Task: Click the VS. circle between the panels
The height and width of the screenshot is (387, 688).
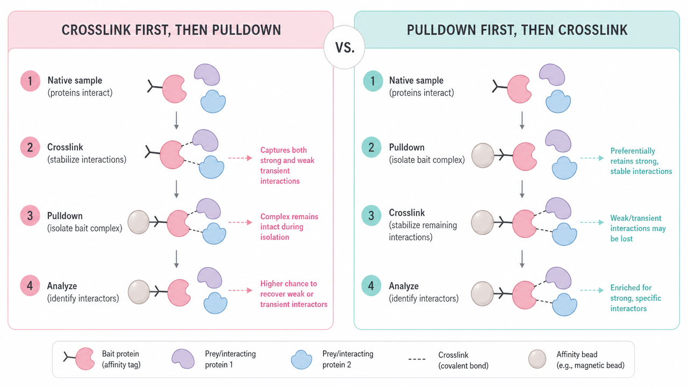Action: point(344,47)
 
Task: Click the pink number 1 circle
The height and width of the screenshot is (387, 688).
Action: point(30,81)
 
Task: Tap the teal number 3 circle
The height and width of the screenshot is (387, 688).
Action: point(371,216)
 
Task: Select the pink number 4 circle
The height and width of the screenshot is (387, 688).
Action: point(30,285)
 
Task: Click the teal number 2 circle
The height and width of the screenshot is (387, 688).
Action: point(371,147)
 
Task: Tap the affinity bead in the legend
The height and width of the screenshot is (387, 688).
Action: point(537,359)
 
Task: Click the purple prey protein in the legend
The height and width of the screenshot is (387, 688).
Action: point(183,359)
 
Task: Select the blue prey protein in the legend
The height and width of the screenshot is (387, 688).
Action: point(302,360)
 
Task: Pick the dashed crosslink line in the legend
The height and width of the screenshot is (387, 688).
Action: point(417,359)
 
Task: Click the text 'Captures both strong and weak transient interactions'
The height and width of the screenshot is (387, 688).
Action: point(287,166)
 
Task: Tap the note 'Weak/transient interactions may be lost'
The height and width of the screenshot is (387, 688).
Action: point(638,228)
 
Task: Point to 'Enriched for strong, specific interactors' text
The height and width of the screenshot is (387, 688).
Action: point(635,298)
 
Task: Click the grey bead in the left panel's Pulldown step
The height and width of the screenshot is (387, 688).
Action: point(138,222)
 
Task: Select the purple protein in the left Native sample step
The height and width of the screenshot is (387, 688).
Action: point(207,74)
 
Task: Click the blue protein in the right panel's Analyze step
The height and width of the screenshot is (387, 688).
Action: point(564,304)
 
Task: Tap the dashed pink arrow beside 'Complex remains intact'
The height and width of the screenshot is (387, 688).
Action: point(240,222)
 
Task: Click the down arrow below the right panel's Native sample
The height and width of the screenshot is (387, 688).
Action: point(522,120)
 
